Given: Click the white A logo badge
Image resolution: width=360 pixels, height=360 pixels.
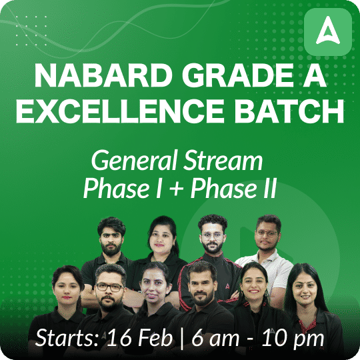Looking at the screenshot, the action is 328,32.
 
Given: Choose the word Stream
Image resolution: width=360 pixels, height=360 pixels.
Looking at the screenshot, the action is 223,160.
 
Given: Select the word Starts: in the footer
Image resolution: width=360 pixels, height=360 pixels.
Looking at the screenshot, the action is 67,338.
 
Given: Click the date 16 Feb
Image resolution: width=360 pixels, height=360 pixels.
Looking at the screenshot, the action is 139,338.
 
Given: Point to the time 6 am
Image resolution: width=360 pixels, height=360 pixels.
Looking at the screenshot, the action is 215,338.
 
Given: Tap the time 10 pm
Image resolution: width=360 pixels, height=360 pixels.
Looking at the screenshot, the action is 293,339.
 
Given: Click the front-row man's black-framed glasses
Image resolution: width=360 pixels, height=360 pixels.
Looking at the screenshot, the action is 109,287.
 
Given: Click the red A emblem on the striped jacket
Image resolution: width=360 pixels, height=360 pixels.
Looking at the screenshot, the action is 227,286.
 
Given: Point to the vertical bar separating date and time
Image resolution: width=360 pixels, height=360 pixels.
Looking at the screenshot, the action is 182,339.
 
